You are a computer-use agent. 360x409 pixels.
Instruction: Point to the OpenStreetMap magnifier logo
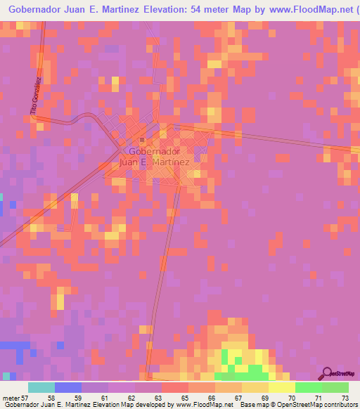coord(326,374)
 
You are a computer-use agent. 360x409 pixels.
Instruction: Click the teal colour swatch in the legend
coord(41,387)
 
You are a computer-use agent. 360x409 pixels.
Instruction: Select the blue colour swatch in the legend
coord(67,387)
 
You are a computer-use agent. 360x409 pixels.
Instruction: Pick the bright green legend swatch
coord(308,387)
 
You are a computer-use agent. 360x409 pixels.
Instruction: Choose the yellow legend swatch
coord(281,387)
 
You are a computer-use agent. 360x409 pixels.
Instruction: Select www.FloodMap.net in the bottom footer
coord(205,405)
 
